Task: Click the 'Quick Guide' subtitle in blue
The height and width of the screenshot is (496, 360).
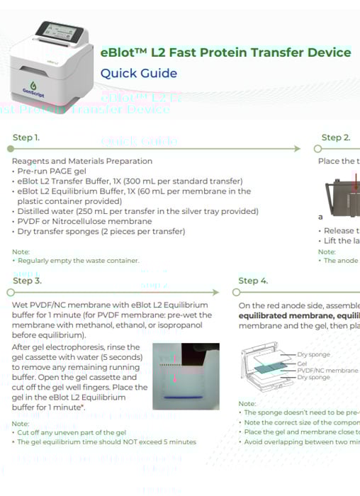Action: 138,73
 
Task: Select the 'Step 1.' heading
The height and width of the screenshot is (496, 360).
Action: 26,137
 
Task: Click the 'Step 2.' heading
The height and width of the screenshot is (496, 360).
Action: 335,137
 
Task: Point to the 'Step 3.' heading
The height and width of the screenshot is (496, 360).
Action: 27,281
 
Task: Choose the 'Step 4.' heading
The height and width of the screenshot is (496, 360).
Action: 253,281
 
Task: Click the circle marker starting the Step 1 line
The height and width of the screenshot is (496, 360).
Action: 10,149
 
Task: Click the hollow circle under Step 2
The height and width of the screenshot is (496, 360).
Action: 318,149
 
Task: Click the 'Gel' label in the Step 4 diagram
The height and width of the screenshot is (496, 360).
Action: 302,362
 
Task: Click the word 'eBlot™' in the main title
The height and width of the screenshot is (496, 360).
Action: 123,52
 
